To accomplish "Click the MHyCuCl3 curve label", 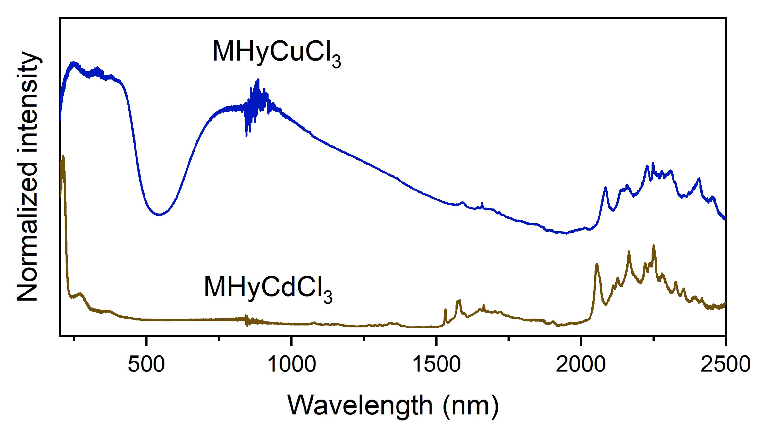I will click(276, 52).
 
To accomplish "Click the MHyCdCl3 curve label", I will click(268, 288).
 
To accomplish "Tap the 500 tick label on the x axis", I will click(146, 365).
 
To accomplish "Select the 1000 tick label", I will click(291, 365).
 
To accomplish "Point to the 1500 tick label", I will click(436, 365).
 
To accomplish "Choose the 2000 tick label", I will click(581, 365).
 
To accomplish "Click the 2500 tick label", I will click(725, 365).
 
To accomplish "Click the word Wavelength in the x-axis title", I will click(360, 406).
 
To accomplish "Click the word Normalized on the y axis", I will click(28, 232).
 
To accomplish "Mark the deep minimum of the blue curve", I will click(160, 214).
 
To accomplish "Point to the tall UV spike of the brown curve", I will click(63, 157).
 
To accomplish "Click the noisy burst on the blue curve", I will click(257, 101).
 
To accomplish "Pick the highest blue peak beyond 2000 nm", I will click(653, 163).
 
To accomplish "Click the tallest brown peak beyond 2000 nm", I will click(653, 246).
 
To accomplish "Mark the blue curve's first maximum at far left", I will click(74, 63).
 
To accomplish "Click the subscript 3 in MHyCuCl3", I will click(336, 62).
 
